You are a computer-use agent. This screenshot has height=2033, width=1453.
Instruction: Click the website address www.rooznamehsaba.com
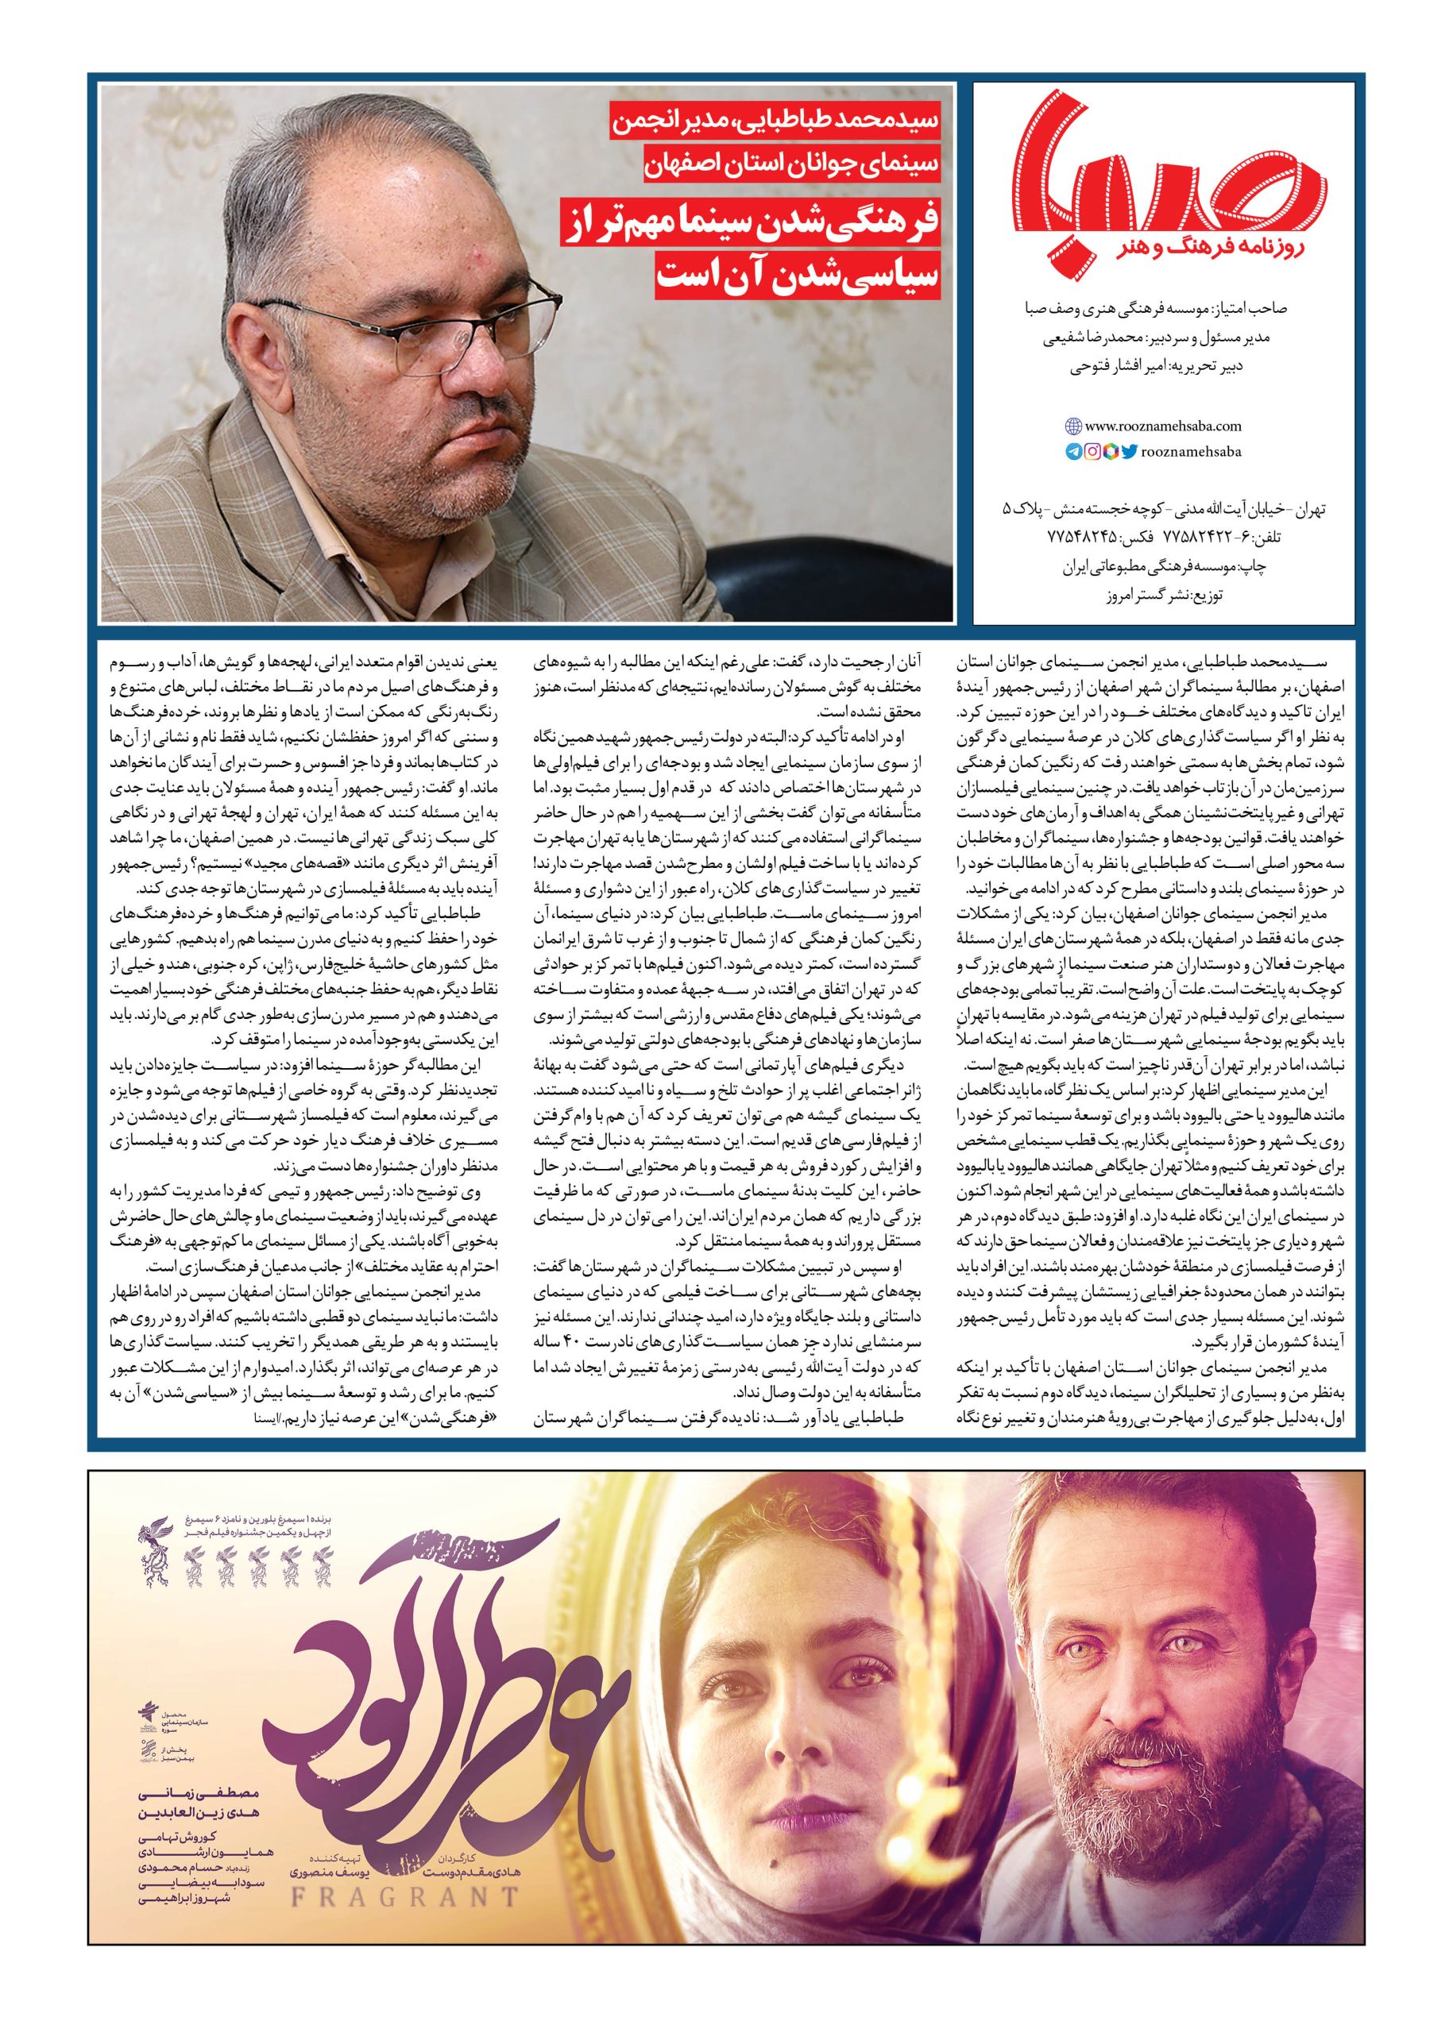point(1163,427)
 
